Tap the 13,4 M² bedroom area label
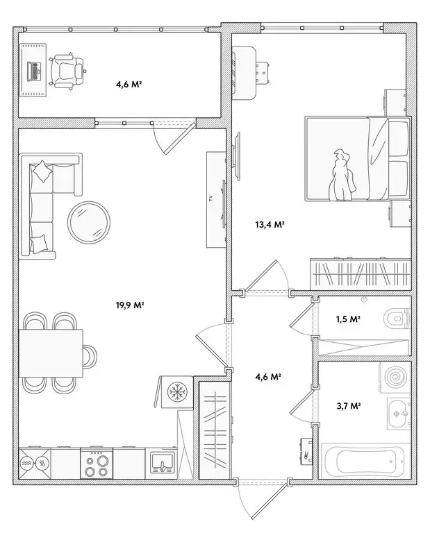coord(272,224)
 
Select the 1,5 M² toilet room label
coord(348,319)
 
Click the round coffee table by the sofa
coord(88,223)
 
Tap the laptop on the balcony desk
coord(33,70)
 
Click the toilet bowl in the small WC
coord(397,319)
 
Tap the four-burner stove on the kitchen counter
coord(97,463)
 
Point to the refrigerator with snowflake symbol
coord(175,392)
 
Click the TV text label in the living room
coord(210,199)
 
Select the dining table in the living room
coord(50,353)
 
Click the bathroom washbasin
coord(399,415)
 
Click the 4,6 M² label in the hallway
coord(268,377)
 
